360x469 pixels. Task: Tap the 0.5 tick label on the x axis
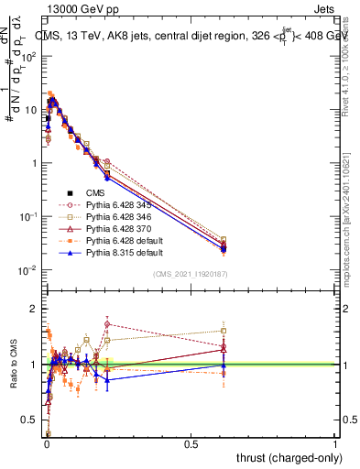(x=191, y=443)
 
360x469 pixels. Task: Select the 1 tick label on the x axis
(x=335, y=443)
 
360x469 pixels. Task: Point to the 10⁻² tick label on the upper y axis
(x=27, y=270)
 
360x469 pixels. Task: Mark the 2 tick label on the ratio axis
(x=32, y=309)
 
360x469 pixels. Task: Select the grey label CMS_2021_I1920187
(x=190, y=275)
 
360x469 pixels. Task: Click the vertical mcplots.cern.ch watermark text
(x=352, y=229)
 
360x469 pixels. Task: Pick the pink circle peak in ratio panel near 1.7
(x=108, y=324)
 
